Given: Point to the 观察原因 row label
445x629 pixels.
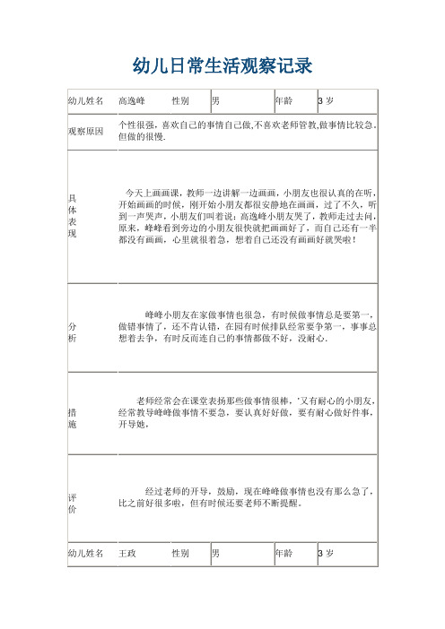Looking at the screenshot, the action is pyautogui.click(x=86, y=132).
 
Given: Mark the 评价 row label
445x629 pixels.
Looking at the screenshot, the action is pyautogui.click(x=73, y=502).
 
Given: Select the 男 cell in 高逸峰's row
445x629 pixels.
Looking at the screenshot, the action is pyautogui.click(x=216, y=101).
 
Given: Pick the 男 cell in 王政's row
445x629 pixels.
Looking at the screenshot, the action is pyautogui.click(x=216, y=555).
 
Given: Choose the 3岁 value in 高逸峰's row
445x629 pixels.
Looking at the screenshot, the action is pyautogui.click(x=327, y=101).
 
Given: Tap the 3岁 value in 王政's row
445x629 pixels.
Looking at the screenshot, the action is pyautogui.click(x=327, y=555).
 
